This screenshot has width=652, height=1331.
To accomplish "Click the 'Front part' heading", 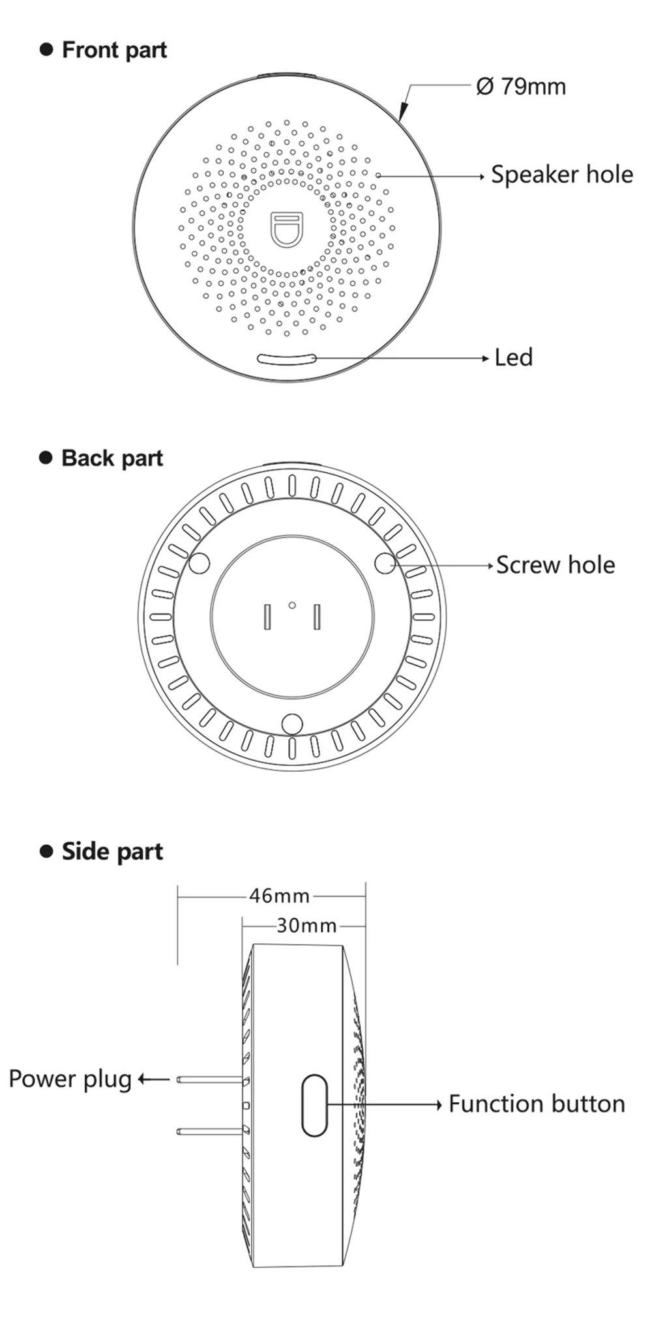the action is point(113,50).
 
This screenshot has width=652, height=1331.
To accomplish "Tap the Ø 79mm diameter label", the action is point(520,87).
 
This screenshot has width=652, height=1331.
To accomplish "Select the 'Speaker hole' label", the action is point(561,175).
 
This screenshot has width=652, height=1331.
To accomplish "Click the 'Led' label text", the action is point(513,357).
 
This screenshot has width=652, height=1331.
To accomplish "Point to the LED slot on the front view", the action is point(286,358).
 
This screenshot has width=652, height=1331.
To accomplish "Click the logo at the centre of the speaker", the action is point(287,229).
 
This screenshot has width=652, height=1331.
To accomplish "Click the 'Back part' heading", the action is point(111,458).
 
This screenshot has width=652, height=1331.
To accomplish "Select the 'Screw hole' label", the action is point(555,565).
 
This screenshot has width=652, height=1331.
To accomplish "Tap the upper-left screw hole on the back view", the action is point(199,563).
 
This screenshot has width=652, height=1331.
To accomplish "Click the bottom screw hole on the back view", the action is point(292,724).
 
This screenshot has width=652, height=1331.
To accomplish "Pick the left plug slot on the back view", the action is point(267,617).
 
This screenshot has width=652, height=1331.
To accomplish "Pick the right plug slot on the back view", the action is point(317,617).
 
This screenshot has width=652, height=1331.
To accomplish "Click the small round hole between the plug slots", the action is point(292,606).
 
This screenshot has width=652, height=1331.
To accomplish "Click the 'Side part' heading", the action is point(111,852).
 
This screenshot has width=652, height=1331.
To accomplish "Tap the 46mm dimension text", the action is point(279,896).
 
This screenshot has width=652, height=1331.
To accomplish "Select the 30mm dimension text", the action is point(306,926).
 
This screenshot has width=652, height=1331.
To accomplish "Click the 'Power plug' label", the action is point(70,1079).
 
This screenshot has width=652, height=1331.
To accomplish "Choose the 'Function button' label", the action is point(536,1104).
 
